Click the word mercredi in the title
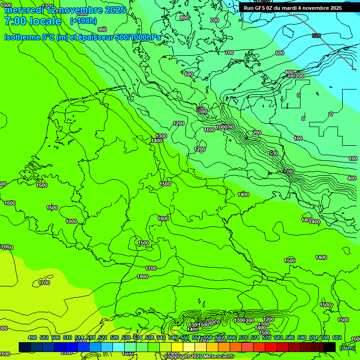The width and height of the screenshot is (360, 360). [23, 10]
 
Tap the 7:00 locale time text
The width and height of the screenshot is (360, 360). [33, 21]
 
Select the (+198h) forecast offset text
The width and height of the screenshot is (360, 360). [83, 21]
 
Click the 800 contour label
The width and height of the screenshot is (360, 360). [184, 18]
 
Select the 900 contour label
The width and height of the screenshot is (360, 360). [102, 30]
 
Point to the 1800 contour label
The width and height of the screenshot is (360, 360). [142, 277]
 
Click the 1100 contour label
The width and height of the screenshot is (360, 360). [209, 130]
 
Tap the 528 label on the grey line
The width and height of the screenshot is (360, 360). [316, 36]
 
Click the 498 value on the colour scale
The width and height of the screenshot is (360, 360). [32, 337]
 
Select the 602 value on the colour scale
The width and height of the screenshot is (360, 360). [337, 337]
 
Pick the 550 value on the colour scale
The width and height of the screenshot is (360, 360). [185, 337]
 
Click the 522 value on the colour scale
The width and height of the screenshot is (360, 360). [103, 337]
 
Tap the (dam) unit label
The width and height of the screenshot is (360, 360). [347, 347]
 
